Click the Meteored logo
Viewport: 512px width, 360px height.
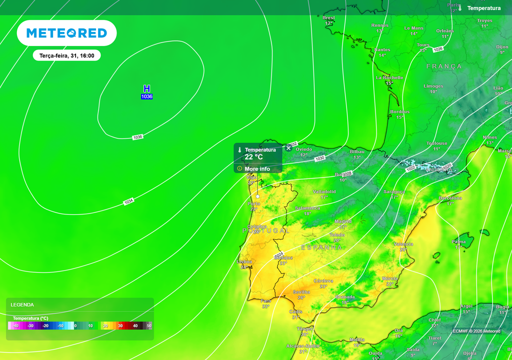[66, 33]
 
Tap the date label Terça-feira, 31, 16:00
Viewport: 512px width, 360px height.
[67, 55]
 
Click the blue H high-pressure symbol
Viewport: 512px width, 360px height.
[146, 88]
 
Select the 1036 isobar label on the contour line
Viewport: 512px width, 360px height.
[138, 137]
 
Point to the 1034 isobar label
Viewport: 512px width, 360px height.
[128, 202]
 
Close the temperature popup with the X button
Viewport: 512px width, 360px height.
[288, 148]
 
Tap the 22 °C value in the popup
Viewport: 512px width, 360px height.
[253, 157]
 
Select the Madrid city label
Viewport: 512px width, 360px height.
[343, 221]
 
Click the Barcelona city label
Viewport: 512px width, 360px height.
[450, 198]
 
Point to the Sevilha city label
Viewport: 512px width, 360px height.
[301, 292]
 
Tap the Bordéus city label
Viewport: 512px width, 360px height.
[399, 112]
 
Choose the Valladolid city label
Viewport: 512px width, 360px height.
[324, 192]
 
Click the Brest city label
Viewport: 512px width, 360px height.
[328, 18]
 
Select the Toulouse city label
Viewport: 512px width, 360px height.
[436, 143]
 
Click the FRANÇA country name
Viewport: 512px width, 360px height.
[444, 66]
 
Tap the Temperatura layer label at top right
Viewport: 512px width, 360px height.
[483, 8]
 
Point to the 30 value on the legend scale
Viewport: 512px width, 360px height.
[120, 325]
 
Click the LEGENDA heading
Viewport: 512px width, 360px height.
[22, 304]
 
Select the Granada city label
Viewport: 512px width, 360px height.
[345, 297]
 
